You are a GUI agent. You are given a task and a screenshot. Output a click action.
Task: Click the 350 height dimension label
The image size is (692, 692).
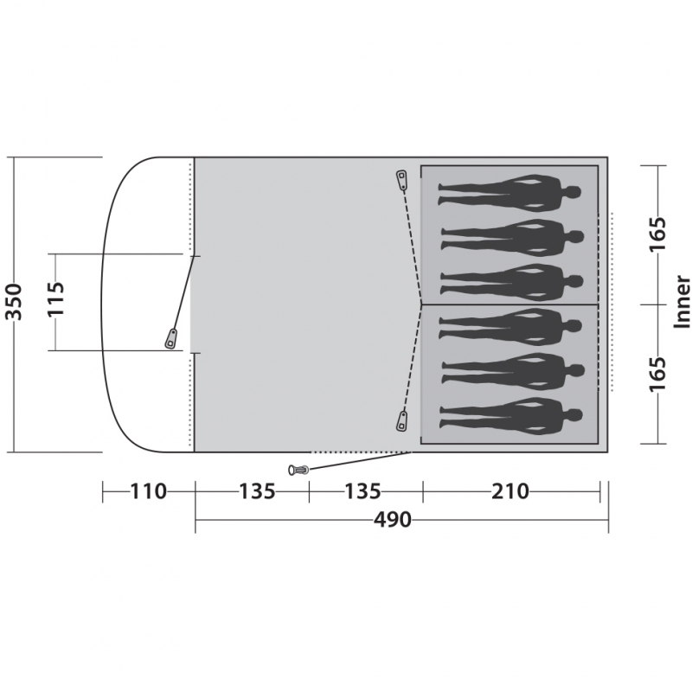(x=13, y=302)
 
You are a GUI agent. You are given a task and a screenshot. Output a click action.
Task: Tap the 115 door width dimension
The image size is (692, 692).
(x=56, y=298)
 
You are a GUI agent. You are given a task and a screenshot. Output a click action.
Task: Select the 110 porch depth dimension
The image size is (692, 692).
(x=148, y=491)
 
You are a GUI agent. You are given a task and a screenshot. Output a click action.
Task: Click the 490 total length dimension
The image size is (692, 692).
(x=393, y=520)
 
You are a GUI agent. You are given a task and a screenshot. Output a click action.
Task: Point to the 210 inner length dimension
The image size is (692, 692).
(x=510, y=491)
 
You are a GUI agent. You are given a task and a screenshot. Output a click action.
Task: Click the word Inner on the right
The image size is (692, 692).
(x=682, y=302)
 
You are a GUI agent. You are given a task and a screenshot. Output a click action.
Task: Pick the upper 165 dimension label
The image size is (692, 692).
(x=657, y=234)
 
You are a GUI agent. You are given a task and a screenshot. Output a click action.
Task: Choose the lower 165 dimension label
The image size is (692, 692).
(x=657, y=374)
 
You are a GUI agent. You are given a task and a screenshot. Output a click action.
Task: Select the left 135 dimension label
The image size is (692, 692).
(x=257, y=491)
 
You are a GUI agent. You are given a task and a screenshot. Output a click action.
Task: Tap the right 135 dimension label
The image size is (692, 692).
(x=362, y=491)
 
